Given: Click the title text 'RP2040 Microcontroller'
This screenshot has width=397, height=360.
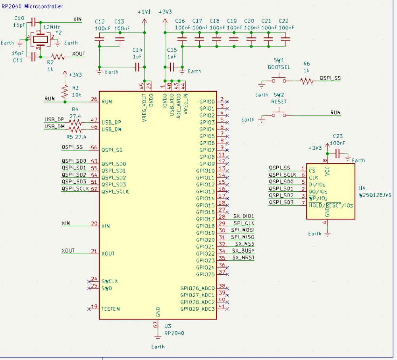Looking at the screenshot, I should point(32,6).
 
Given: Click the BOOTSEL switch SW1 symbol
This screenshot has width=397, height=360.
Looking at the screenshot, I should point(279,81).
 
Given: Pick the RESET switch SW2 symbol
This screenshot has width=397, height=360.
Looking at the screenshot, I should point(279,115).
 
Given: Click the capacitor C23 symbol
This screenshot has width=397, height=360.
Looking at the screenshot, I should point(338,154).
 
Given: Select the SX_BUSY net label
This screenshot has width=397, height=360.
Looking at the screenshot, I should point(244,250).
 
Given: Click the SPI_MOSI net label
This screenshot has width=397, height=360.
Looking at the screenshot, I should point(243,230).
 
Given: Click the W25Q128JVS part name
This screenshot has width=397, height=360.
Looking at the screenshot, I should point(375,195).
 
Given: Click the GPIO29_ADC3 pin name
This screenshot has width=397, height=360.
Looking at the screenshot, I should point(197,308).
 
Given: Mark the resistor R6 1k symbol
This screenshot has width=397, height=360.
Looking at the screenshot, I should point(306,81).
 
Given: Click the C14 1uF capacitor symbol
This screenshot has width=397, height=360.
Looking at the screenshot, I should point(137,67).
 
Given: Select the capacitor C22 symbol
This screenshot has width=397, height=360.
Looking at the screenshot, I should point(285,39).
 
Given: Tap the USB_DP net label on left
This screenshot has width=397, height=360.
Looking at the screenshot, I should point(54,119).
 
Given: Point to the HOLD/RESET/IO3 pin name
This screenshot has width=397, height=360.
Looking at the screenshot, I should point(331,206).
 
